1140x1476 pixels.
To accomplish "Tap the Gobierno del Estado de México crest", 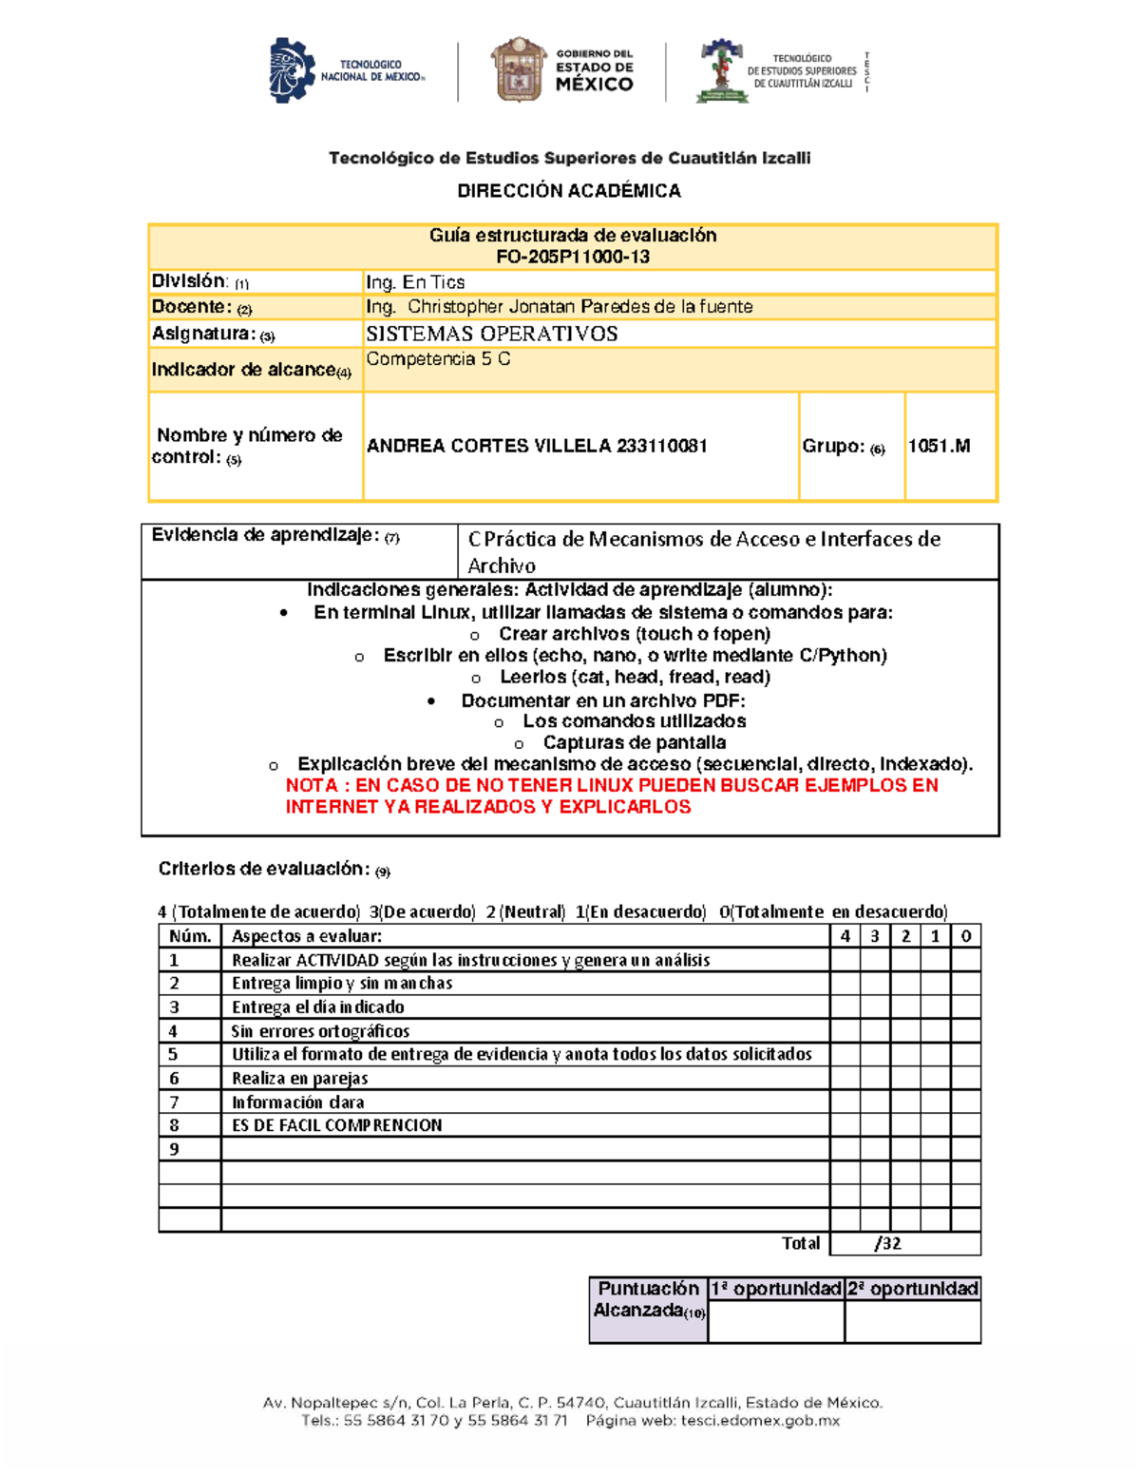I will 518,69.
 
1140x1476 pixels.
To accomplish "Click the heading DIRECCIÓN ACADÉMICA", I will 569,191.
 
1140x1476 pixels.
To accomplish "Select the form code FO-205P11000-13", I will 573,257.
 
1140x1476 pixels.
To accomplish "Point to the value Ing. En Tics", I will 415,282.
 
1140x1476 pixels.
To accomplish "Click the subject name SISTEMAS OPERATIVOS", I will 492,334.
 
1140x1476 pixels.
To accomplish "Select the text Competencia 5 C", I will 438,359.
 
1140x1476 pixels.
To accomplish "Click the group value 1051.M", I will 939,446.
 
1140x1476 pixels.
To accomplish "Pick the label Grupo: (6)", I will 843,447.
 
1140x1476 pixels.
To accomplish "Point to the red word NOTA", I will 312,785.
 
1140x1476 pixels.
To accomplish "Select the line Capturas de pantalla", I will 634,742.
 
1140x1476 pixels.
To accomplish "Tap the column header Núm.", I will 190,936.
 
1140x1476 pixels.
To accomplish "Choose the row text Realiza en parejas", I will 299,1078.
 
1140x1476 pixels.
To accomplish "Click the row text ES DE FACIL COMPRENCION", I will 337,1125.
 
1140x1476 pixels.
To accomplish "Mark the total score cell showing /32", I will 888,1243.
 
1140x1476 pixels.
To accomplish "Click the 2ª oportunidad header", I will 912,1289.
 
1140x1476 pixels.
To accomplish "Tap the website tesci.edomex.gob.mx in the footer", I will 760,1421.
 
